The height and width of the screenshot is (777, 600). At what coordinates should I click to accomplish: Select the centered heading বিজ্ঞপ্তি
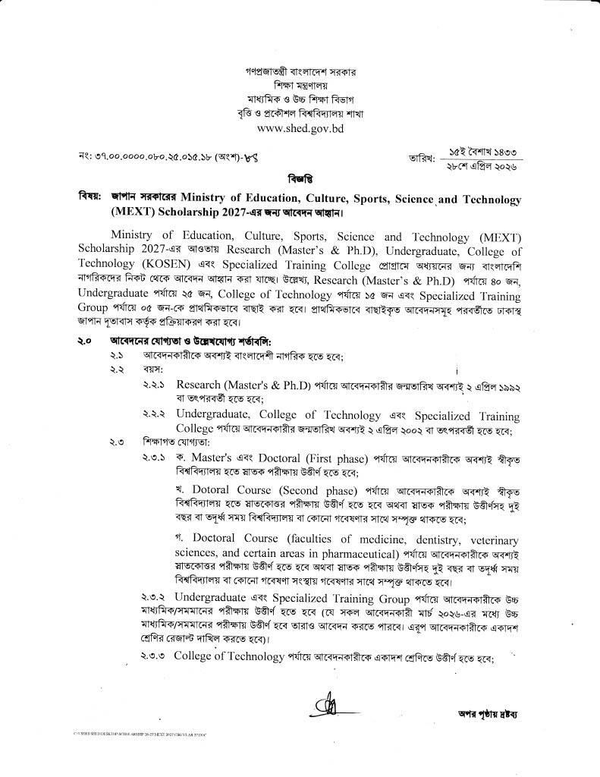(300, 179)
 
